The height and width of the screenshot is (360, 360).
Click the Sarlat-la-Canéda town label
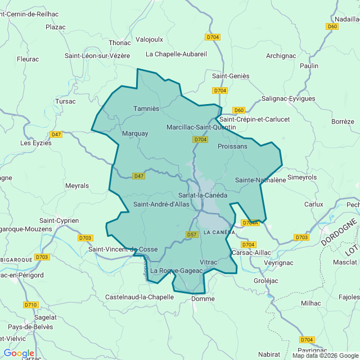(x=202, y=195)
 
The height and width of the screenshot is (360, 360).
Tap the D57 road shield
(x=192, y=235)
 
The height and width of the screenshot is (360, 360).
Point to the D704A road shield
(x=250, y=223)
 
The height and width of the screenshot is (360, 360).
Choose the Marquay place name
(x=135, y=134)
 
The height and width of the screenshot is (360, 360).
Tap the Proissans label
(x=232, y=146)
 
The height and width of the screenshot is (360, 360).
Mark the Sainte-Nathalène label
(x=260, y=180)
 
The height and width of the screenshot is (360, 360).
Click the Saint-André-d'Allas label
(x=161, y=204)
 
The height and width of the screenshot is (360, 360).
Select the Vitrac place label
(x=208, y=262)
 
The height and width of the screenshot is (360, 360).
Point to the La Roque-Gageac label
(x=177, y=271)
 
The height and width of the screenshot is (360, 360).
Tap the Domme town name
(x=203, y=299)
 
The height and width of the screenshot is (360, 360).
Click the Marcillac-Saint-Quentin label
(x=201, y=128)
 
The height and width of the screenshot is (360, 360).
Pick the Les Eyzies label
(x=36, y=143)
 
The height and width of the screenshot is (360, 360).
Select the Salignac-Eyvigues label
(x=288, y=98)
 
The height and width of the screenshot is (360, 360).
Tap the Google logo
(x=19, y=353)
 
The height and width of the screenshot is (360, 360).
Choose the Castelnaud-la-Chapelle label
(x=139, y=296)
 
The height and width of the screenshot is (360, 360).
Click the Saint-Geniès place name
(x=231, y=76)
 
